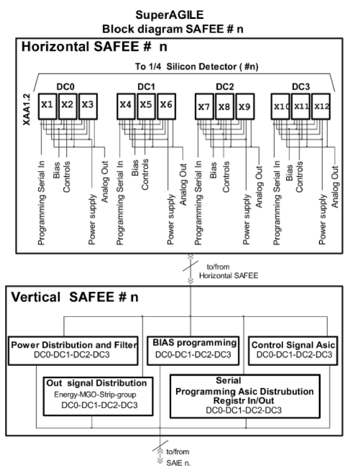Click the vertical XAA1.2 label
point(27,109)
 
